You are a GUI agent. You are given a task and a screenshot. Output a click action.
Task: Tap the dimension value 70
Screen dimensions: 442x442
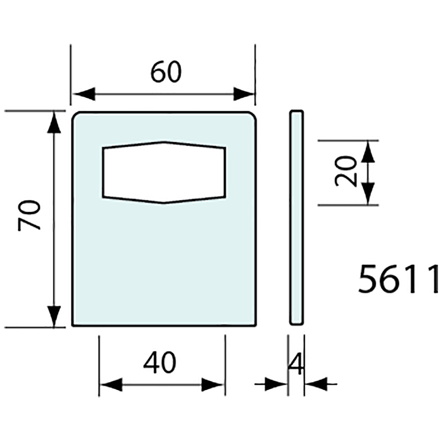coord(30,215)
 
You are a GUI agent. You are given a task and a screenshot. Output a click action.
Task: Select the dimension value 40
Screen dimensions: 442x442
coord(160,362)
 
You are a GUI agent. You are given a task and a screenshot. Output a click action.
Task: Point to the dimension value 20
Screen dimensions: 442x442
coord(346,172)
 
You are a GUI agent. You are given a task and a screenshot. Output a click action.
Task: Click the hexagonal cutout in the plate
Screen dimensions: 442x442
coord(164,173)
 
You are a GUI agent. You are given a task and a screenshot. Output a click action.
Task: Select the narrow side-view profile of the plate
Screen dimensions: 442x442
coord(297,217)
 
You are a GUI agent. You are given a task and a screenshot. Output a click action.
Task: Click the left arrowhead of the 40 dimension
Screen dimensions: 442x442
coord(110,385)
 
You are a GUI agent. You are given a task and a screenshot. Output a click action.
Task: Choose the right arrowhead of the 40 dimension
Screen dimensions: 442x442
coord(213,385)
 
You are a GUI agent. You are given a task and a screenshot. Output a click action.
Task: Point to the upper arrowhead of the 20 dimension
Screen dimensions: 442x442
coord(368,151)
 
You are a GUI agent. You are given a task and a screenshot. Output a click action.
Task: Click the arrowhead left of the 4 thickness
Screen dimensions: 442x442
coord(279,385)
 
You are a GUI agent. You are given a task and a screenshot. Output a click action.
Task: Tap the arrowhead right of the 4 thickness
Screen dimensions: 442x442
coord(314,385)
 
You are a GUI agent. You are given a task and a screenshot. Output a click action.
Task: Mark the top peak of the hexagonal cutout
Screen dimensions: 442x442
coord(164,142)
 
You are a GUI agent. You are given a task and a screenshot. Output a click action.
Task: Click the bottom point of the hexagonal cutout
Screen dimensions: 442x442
coord(163,203)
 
